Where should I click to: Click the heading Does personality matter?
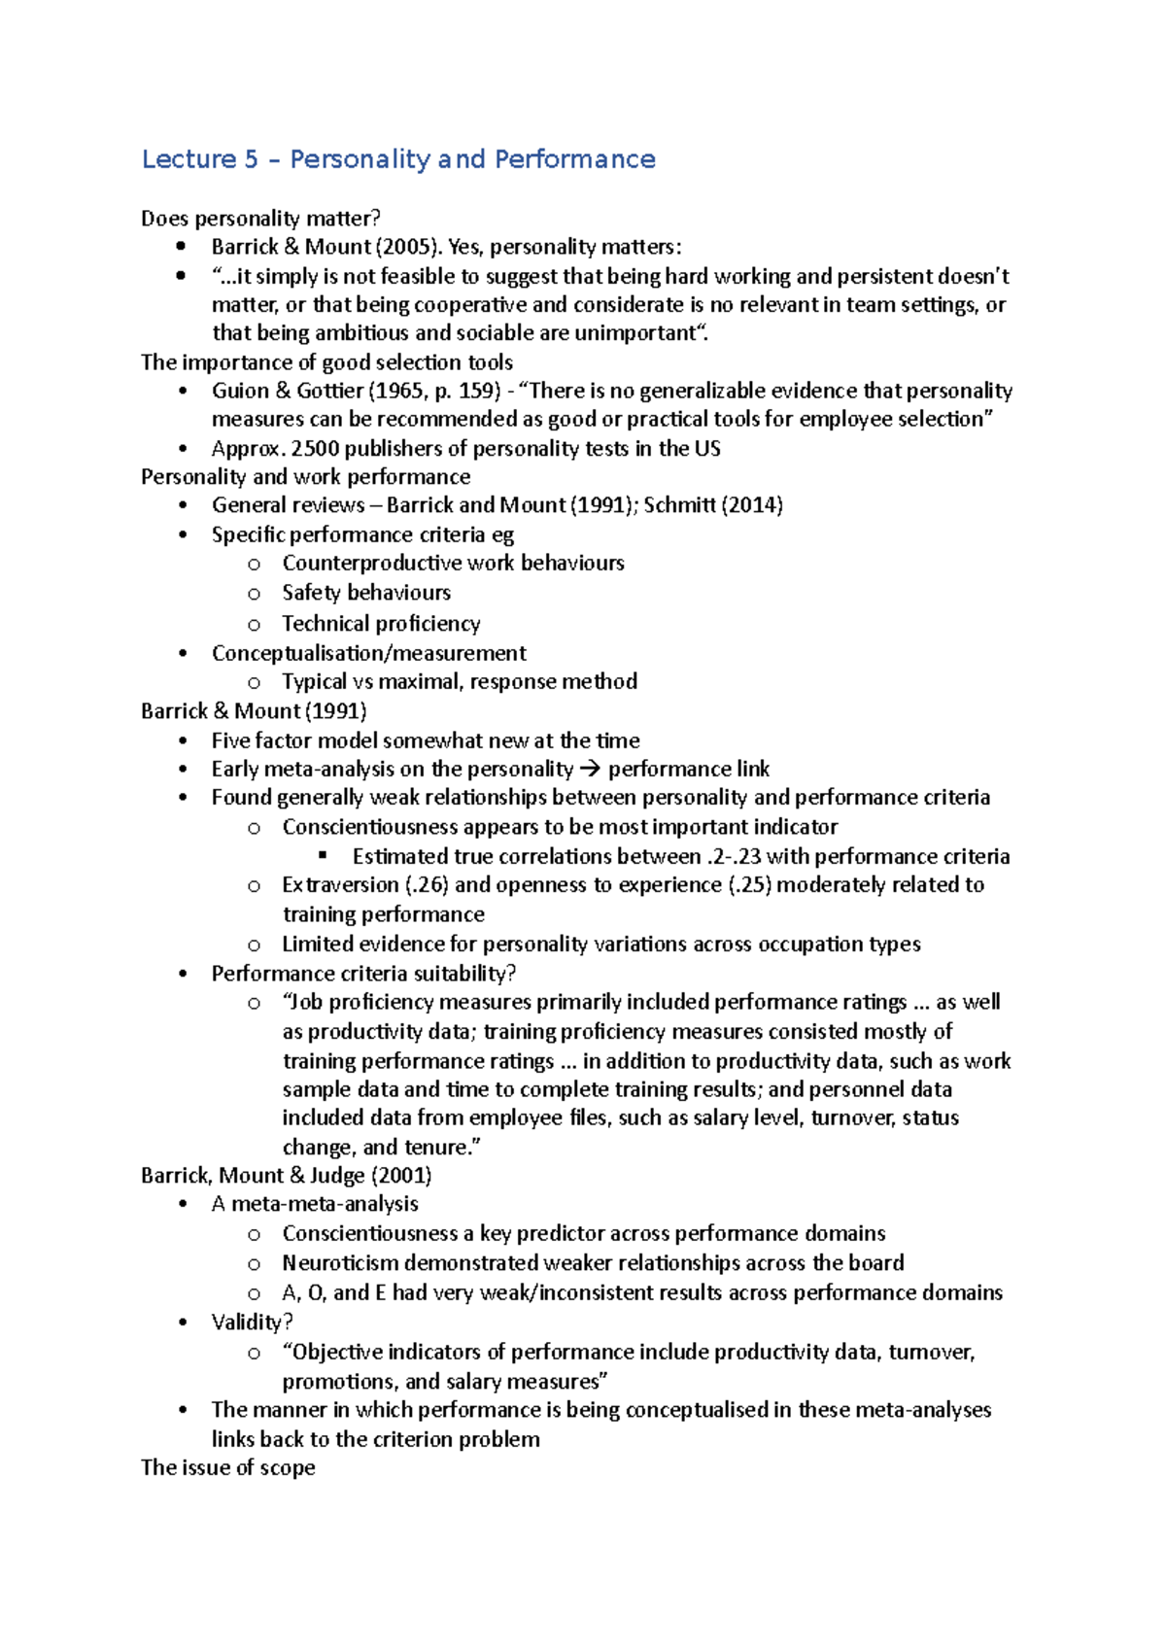[x=260, y=219]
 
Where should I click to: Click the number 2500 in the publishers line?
[x=315, y=449]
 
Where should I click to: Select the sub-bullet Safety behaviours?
[x=366, y=593]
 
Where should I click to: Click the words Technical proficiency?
[x=381, y=624]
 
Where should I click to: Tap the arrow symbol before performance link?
[x=590, y=770]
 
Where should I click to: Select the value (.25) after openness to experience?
[x=749, y=885]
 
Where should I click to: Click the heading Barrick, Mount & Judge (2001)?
[x=286, y=1176]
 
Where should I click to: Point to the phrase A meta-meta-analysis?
[x=315, y=1204]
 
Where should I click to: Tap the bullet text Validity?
[x=253, y=1323]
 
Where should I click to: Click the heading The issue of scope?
[x=227, y=1468]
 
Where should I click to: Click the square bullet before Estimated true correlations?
[x=324, y=856]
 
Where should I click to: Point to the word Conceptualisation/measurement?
[x=369, y=653]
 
